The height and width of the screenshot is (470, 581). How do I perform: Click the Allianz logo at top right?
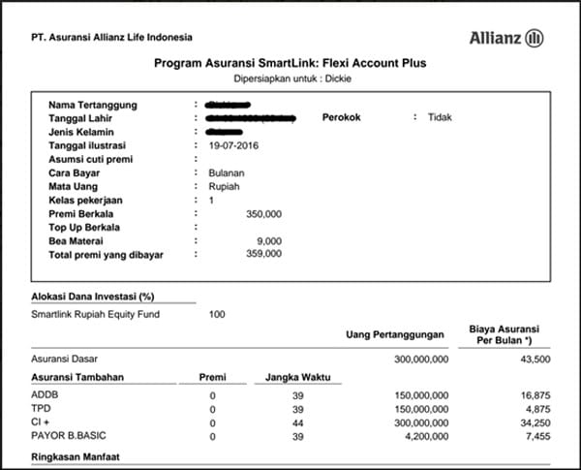click(x=506, y=39)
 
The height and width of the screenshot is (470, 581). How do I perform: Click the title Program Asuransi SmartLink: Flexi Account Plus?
click(x=290, y=63)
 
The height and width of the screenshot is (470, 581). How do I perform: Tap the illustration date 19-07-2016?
click(x=233, y=144)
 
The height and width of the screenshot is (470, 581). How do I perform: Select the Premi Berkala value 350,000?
click(x=263, y=212)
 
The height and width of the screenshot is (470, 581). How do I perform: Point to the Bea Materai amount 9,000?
click(x=269, y=240)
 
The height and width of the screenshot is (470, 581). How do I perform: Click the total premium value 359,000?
click(x=263, y=254)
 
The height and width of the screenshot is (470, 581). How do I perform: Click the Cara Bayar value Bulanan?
click(x=228, y=172)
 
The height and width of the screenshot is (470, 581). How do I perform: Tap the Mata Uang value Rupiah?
click(x=224, y=185)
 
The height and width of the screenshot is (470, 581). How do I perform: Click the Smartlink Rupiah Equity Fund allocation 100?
click(x=217, y=314)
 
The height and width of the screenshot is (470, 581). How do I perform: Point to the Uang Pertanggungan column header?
click(x=396, y=335)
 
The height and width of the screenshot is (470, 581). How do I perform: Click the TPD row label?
click(x=41, y=409)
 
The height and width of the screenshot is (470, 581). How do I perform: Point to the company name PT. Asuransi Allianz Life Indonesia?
click(x=111, y=38)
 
